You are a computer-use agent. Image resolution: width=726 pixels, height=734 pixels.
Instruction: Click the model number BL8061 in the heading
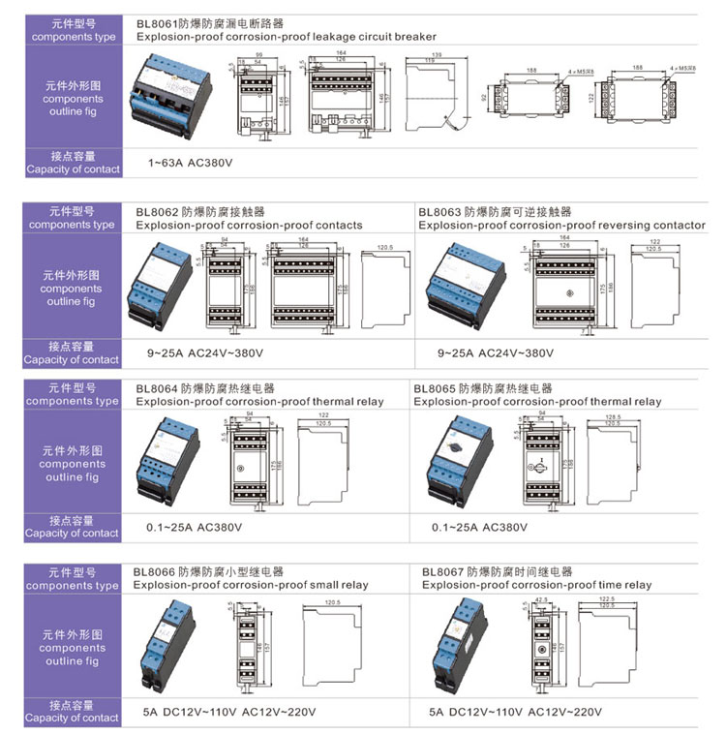[x=156, y=22]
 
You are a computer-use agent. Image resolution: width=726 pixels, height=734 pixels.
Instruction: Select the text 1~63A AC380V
[x=191, y=163]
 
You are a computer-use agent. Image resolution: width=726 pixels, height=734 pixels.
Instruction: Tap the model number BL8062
[x=153, y=211]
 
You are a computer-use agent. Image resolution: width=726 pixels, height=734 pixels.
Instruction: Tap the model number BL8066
[x=153, y=572]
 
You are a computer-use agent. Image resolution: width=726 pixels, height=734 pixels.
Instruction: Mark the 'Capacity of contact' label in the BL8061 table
[x=73, y=169]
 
